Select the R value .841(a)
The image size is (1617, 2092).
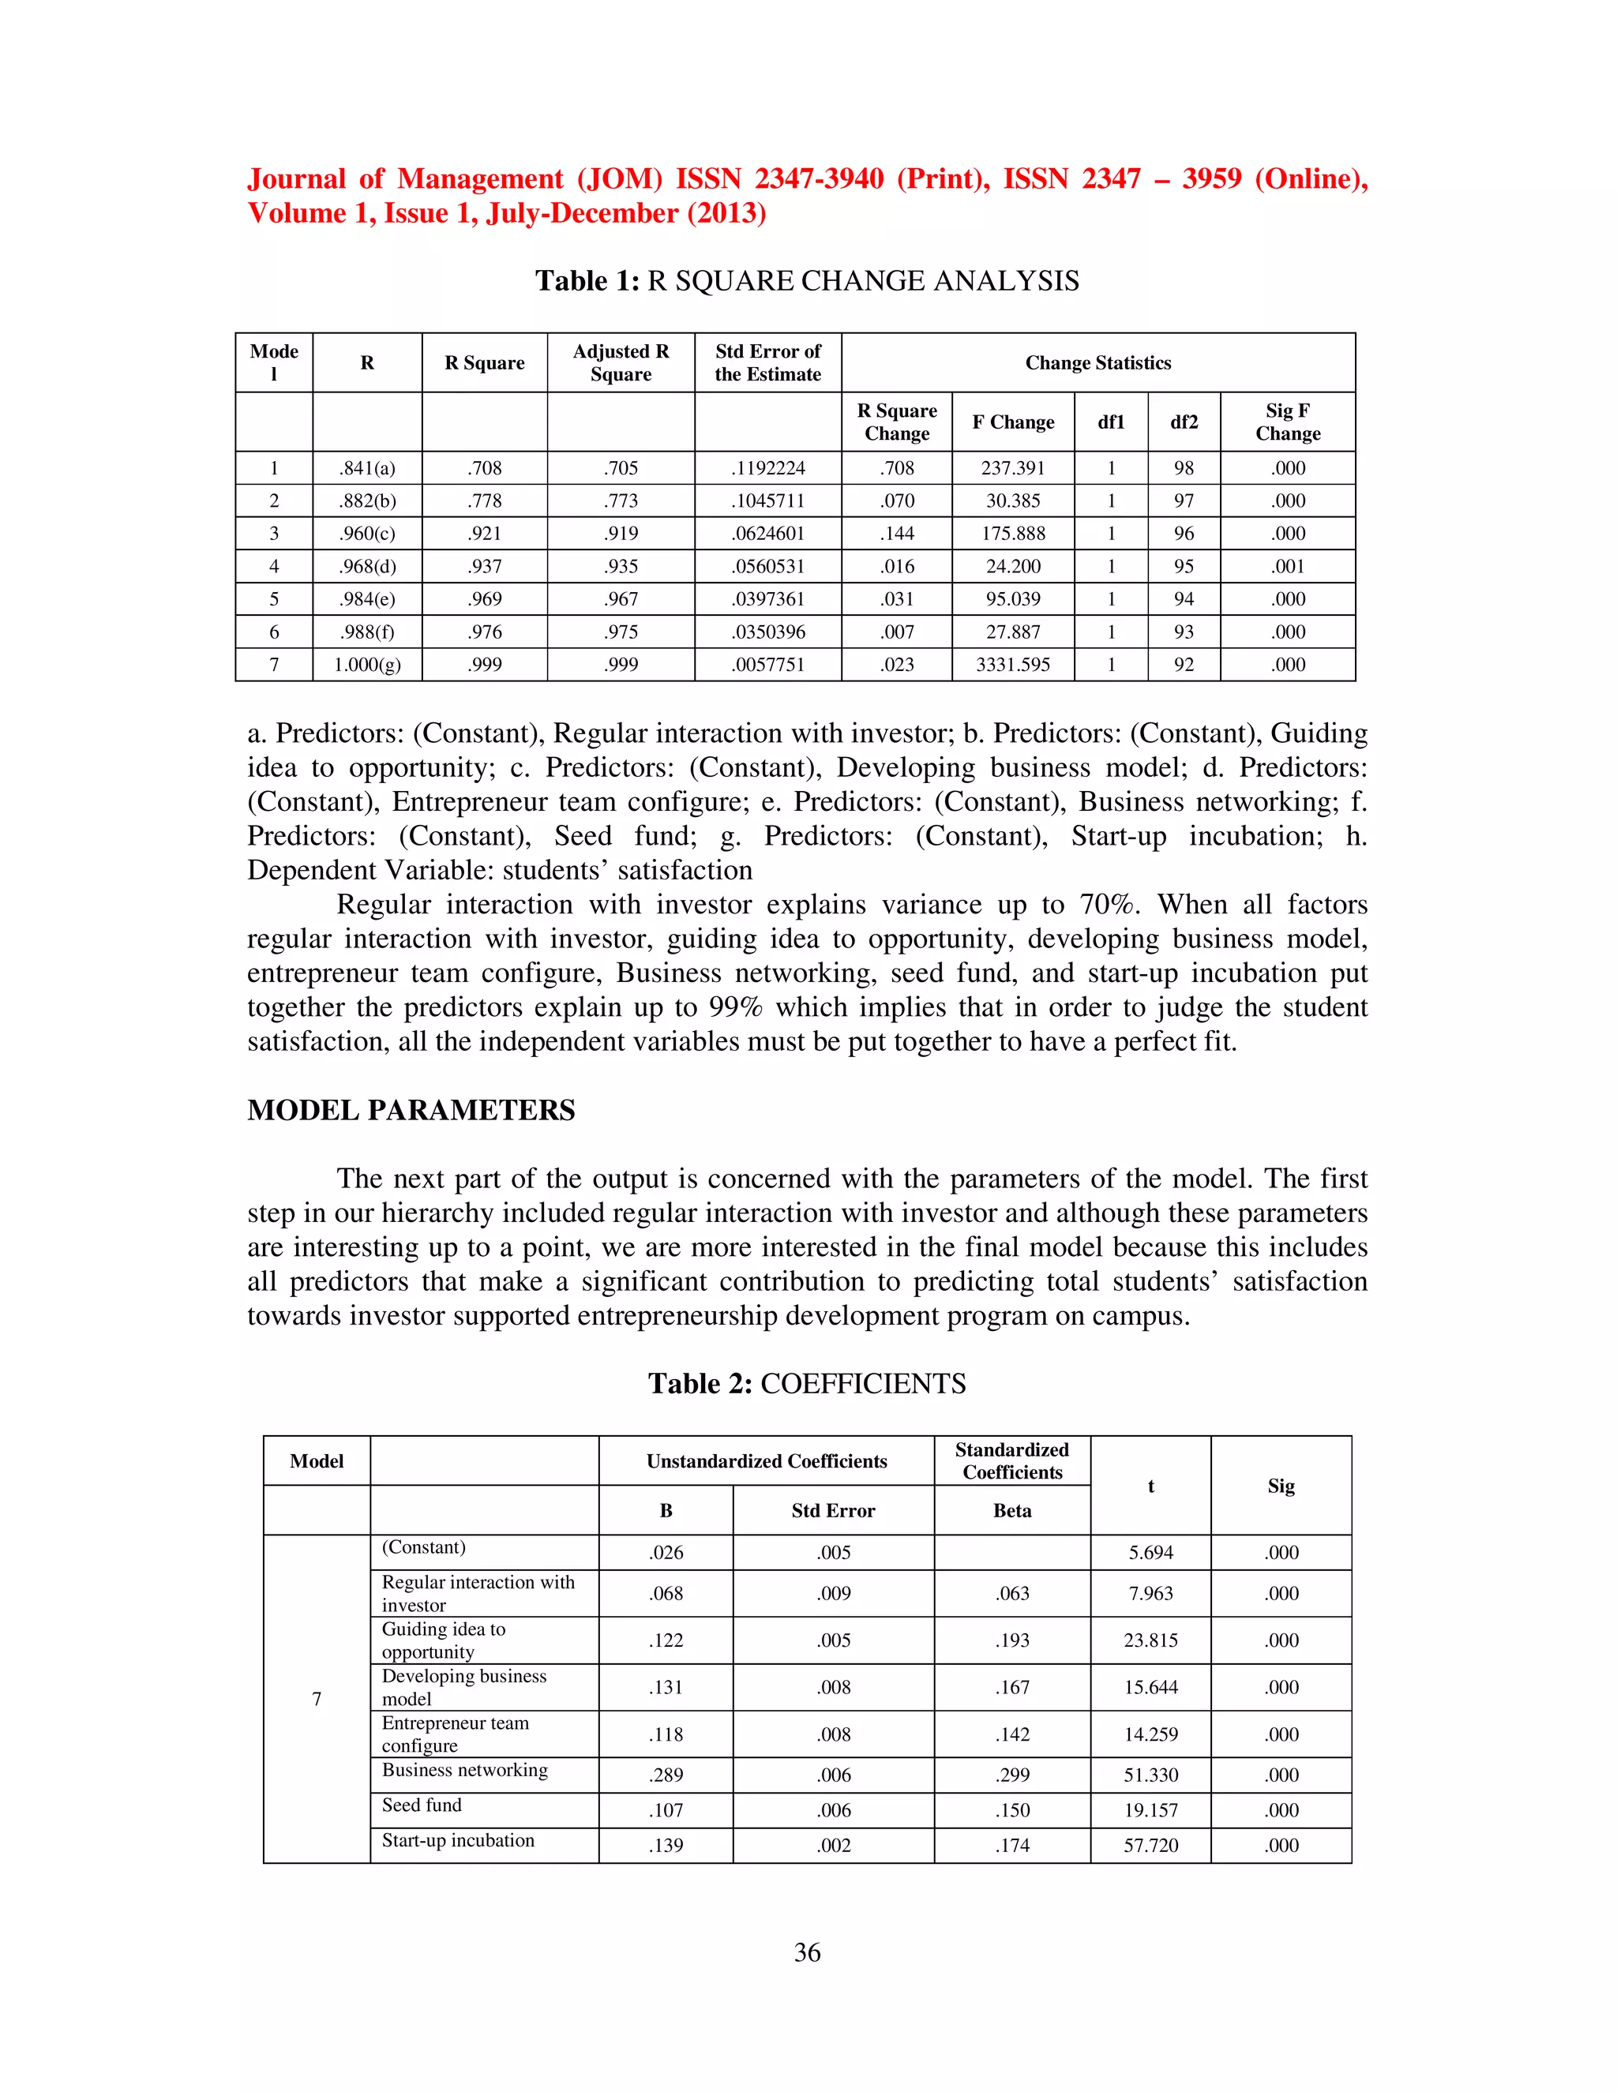point(367,468)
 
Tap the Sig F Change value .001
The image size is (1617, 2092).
point(1288,566)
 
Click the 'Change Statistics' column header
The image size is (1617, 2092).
point(1097,363)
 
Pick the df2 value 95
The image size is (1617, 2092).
point(1184,566)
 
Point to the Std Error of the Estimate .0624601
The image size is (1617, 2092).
point(767,534)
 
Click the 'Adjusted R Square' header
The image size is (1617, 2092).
point(621,363)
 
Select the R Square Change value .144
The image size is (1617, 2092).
point(897,534)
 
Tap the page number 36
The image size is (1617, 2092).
point(807,1952)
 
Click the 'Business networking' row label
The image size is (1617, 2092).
point(464,1770)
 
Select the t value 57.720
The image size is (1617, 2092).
point(1150,1846)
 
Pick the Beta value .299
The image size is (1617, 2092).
point(1011,1775)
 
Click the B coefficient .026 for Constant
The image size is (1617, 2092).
point(666,1553)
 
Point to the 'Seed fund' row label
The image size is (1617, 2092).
point(422,1805)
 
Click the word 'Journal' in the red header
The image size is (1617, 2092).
point(296,179)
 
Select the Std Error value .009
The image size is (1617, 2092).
point(834,1594)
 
